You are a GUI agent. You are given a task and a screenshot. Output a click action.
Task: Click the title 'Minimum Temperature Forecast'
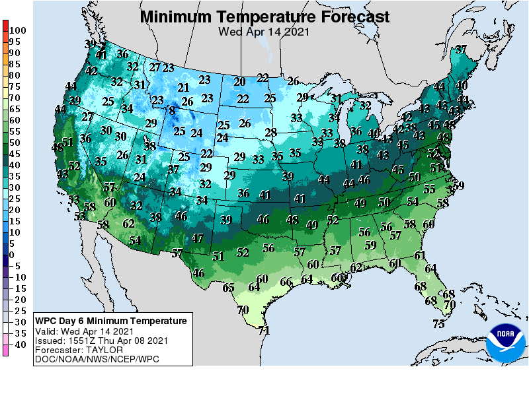point(264,16)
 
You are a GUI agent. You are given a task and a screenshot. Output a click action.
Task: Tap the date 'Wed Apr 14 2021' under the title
point(264,31)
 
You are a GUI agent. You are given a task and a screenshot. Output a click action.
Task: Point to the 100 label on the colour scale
point(18,30)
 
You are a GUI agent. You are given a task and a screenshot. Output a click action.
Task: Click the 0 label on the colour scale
point(11,255)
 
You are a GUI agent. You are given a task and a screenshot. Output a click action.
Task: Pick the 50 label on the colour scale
point(14,143)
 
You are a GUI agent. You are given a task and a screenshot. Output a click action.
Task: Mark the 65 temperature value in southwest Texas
point(229,288)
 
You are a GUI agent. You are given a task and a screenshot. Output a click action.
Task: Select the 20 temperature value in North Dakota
point(239,82)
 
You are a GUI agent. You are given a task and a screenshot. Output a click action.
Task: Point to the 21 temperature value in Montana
point(183,88)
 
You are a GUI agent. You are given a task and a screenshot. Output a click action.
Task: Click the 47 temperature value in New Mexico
point(197,238)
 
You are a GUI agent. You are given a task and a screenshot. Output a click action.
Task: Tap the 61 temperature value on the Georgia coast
point(420,255)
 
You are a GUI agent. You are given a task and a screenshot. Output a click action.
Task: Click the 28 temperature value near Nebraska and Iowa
point(270,133)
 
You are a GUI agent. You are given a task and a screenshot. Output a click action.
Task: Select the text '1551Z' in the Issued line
point(78,341)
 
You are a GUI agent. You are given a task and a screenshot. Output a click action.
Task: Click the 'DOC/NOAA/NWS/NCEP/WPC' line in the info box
point(96,359)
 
